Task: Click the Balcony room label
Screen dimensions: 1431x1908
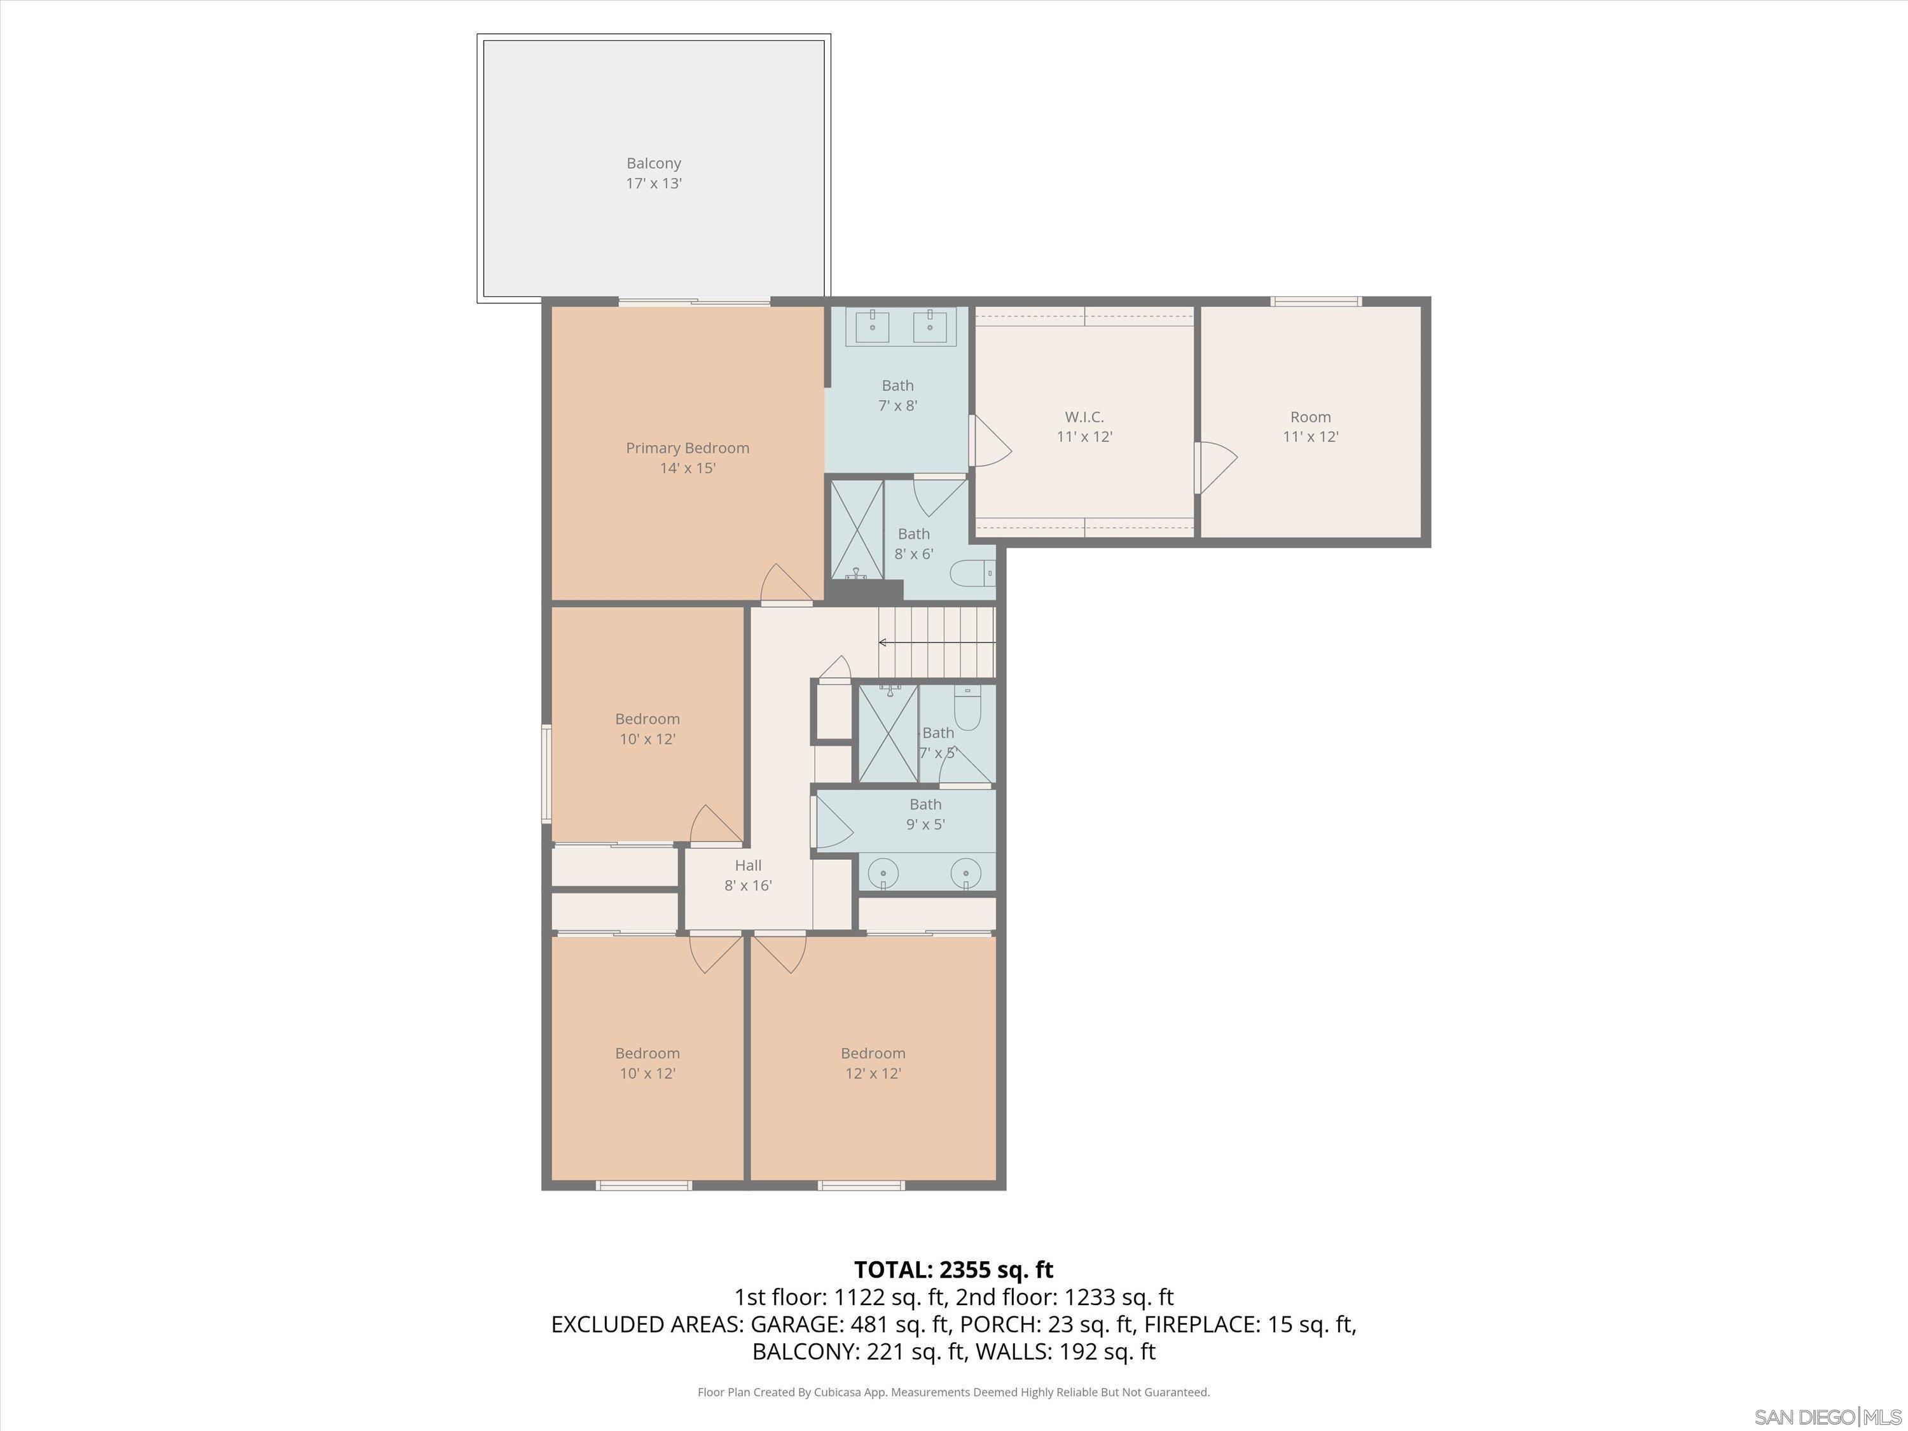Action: [654, 163]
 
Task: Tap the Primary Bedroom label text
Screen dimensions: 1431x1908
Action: [688, 448]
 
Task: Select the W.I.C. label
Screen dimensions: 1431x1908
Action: [1084, 417]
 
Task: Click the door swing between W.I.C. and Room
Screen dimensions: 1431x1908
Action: [1216, 467]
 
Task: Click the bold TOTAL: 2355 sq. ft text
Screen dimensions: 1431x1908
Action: [953, 1269]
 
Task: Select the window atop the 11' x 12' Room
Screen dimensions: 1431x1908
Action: [1315, 301]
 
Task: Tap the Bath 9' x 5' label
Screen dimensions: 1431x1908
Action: [925, 814]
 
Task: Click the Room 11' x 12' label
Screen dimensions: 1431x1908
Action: [1310, 427]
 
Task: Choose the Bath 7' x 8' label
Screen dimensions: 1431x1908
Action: [897, 395]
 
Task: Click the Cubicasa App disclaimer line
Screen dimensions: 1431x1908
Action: [953, 1392]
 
